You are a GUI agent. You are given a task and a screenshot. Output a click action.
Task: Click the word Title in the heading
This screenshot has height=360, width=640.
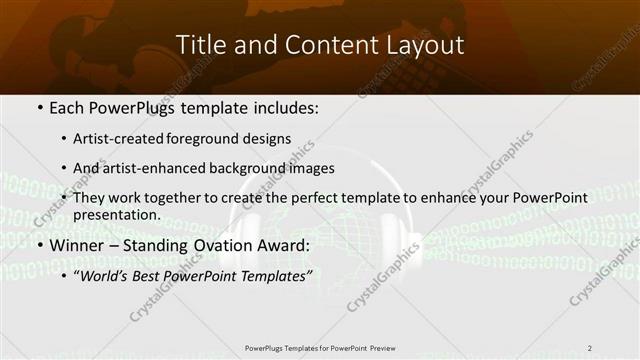click(200, 45)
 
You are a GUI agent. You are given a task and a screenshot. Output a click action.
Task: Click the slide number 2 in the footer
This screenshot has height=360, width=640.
click(590, 348)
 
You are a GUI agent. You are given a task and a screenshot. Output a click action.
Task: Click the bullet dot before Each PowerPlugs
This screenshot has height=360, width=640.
click(39, 106)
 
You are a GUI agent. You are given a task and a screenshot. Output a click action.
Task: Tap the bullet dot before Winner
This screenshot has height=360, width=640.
click(39, 245)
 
